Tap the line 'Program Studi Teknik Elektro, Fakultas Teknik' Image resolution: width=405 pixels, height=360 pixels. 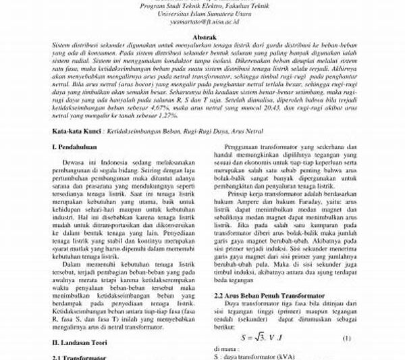[x=202, y=5]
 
